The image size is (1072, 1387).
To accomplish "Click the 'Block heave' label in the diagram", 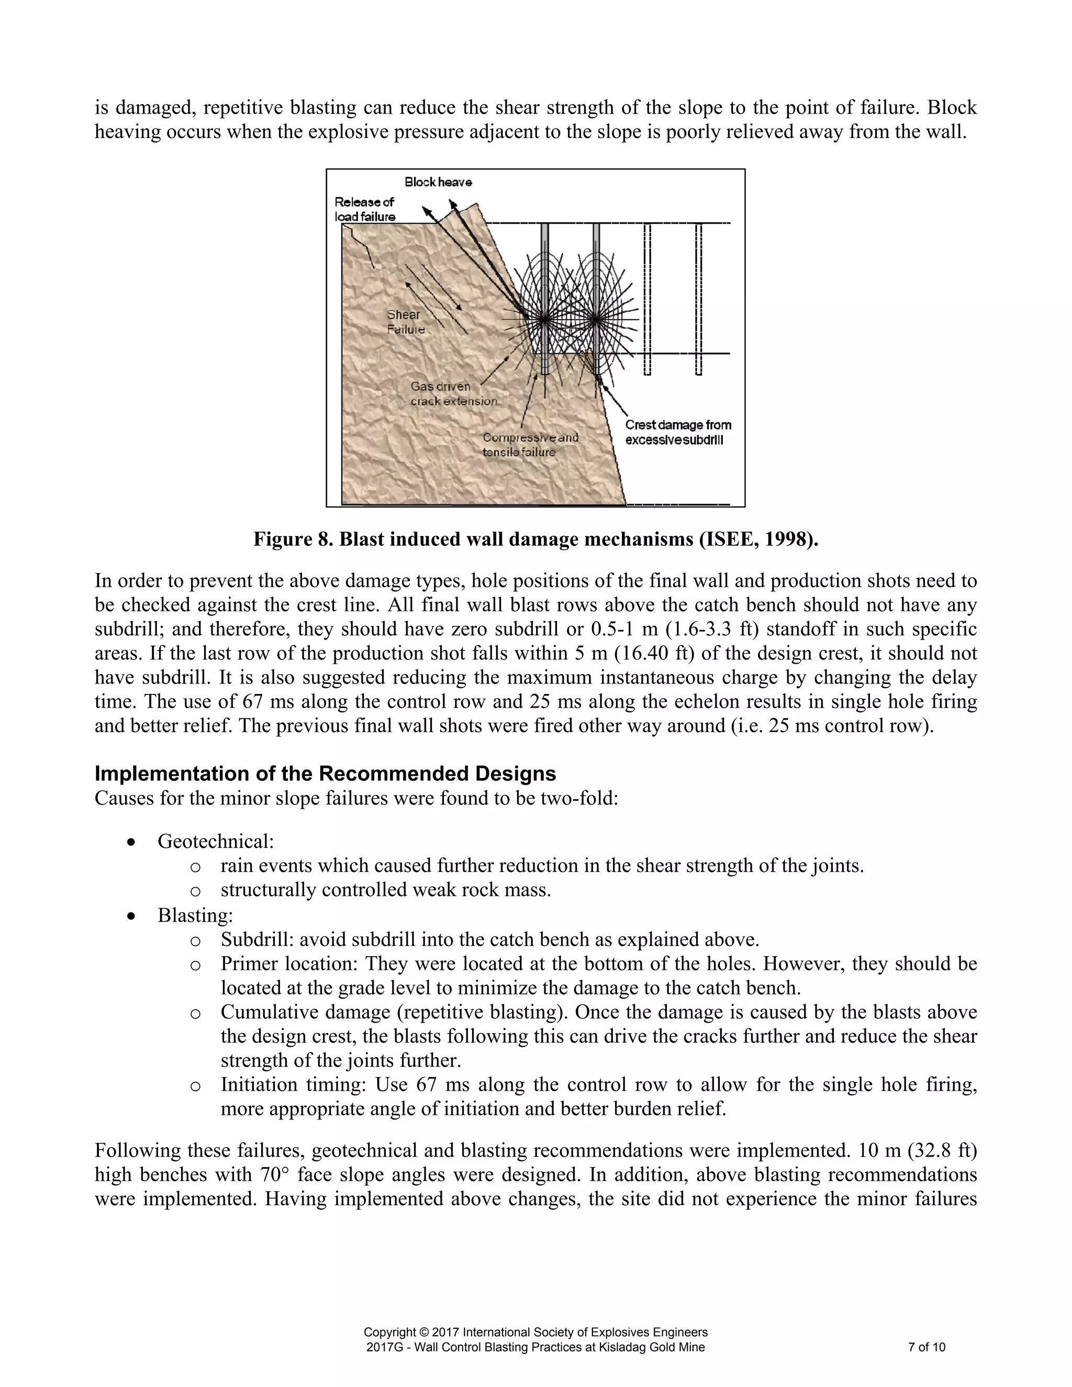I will [438, 182].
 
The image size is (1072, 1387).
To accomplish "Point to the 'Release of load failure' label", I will [364, 209].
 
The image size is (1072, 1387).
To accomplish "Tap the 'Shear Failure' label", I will [405, 322].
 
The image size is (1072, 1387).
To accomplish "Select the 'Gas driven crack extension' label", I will [453, 394].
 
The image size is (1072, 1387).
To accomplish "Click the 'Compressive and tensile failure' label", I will [530, 444].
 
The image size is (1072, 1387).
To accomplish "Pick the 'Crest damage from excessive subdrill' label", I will [678, 432].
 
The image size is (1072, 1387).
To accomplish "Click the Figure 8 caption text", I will [535, 539].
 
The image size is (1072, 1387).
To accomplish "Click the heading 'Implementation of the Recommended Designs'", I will [325, 774].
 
